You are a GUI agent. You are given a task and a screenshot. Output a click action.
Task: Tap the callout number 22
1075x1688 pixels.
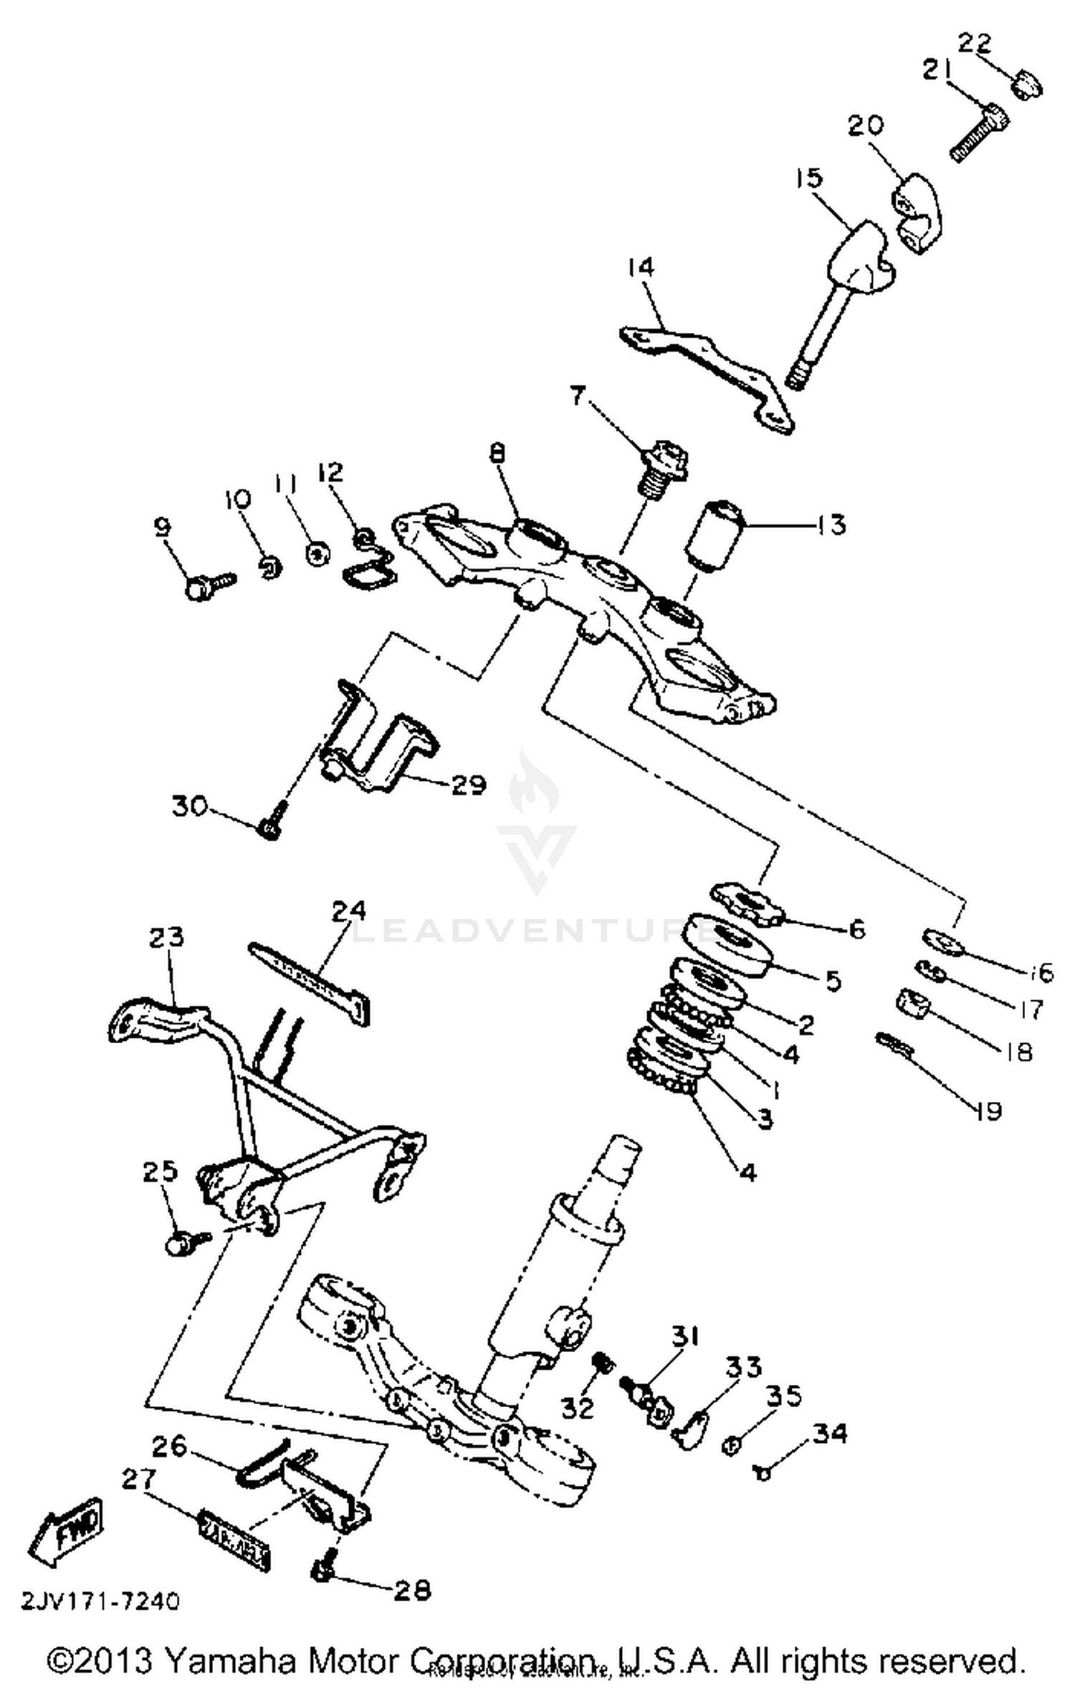coord(975,45)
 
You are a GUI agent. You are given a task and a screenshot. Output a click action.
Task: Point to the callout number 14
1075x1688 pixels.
coord(640,267)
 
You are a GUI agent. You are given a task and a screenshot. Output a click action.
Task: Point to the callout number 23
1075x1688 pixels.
coord(166,936)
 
